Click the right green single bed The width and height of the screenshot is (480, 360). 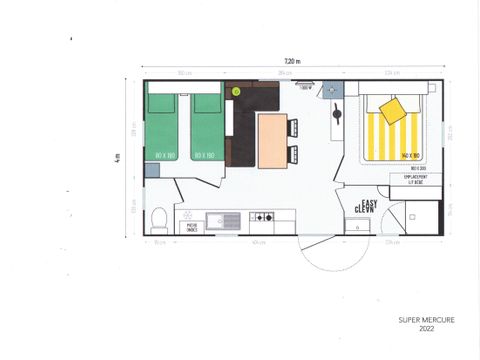[x=206, y=127]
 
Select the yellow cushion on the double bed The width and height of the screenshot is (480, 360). [x=393, y=108]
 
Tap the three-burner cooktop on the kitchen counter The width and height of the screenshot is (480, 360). [x=262, y=217]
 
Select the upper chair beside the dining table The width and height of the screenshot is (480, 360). [x=293, y=127]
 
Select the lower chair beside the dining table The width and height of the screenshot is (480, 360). [x=293, y=154]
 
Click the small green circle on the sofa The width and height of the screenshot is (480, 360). [x=236, y=91]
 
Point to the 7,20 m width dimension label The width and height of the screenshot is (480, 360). [x=292, y=61]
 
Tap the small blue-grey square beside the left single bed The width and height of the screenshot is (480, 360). [x=151, y=170]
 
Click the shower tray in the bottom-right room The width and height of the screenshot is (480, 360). [x=424, y=217]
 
